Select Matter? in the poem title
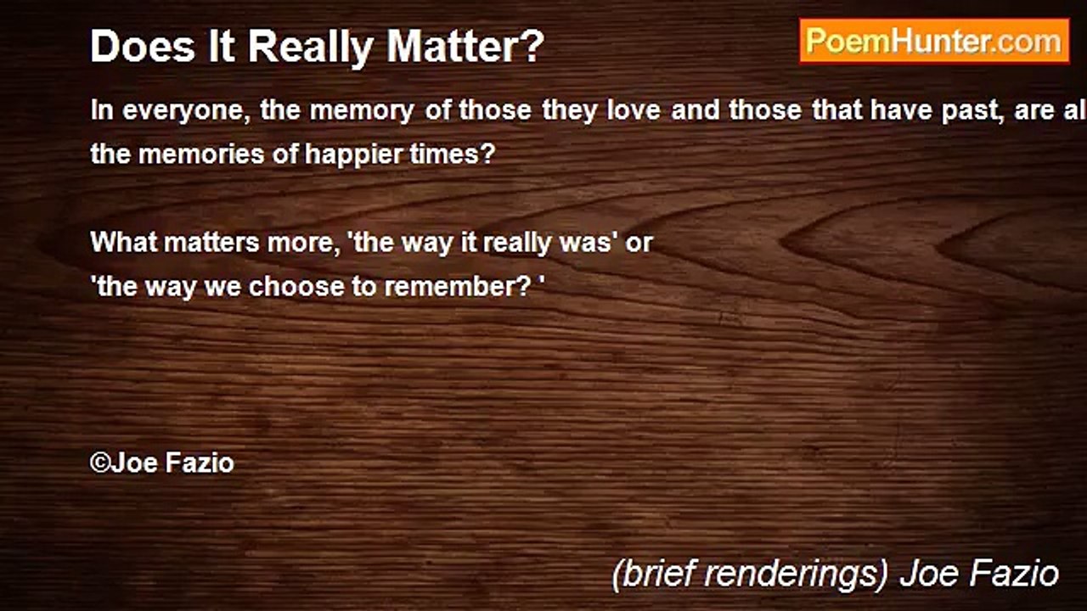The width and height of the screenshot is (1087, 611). coord(465,48)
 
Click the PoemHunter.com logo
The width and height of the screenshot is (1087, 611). coord(934,41)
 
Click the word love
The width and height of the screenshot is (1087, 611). coord(634,112)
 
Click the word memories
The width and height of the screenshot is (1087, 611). coord(202,156)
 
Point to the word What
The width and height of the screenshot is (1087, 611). coord(123,243)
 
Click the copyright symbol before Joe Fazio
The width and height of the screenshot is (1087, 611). coord(100,462)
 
